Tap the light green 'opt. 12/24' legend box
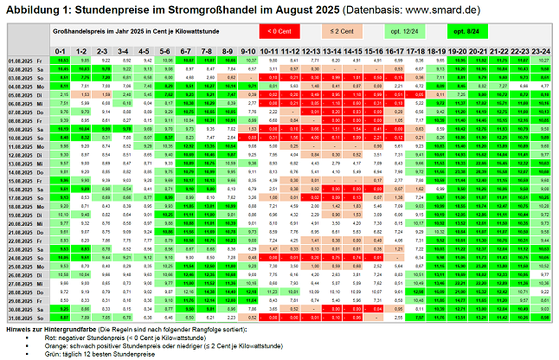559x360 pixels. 398,31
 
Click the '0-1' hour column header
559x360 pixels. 61,52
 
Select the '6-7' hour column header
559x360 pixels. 186,52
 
